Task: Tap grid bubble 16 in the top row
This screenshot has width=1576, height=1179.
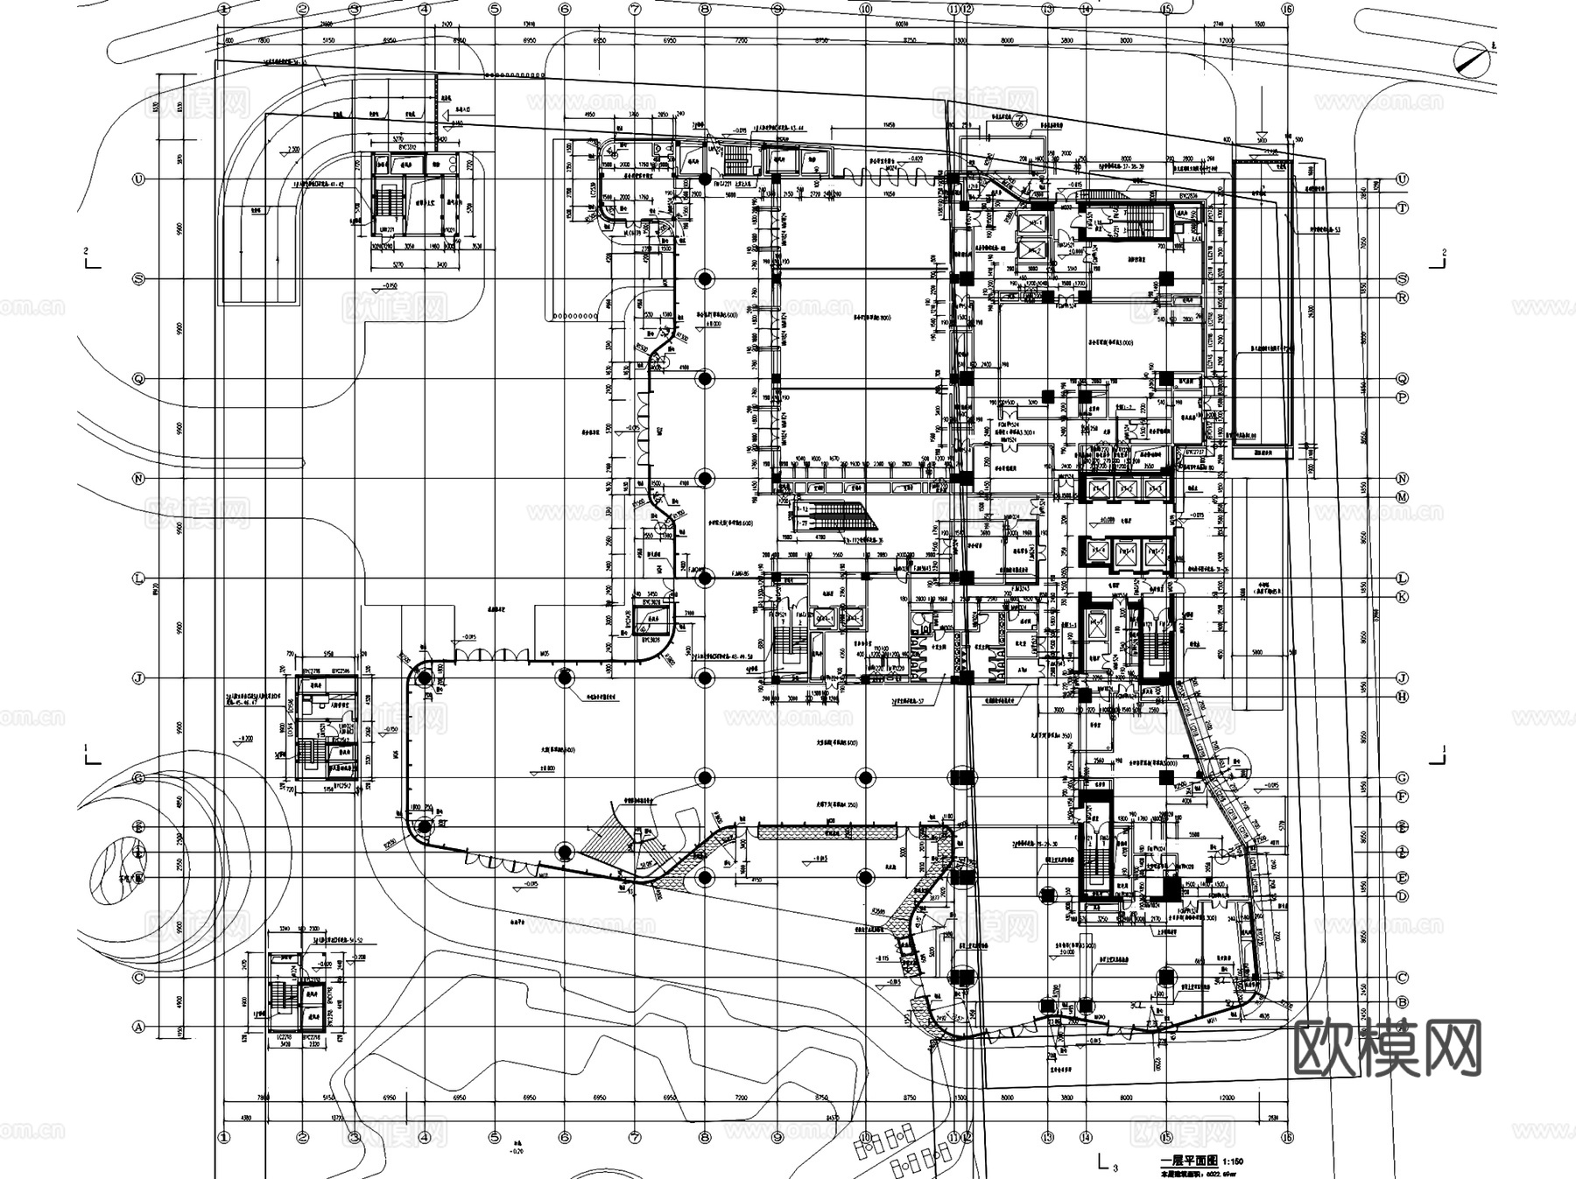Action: tap(1286, 9)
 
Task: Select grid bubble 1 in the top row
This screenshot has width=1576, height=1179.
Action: tap(225, 9)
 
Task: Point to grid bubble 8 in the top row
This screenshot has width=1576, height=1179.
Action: tap(704, 9)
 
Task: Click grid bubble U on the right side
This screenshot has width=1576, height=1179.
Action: tap(1402, 179)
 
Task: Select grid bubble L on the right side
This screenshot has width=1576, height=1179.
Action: tap(1402, 579)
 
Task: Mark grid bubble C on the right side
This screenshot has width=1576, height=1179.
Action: tap(1402, 978)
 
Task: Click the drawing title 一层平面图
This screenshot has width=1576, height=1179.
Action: tap(1183, 1161)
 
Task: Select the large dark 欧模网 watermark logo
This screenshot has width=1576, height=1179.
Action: tap(1387, 1048)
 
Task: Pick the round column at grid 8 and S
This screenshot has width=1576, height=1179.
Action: tap(705, 279)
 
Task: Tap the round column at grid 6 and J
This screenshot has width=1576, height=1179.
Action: tap(565, 678)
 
